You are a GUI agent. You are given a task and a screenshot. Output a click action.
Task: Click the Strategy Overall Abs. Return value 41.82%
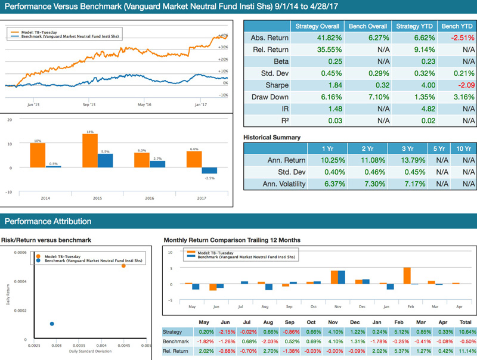click(x=318, y=38)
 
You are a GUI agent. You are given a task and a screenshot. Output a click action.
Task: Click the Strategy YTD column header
click(x=411, y=26)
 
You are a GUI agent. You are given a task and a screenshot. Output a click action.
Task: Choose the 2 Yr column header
click(x=364, y=148)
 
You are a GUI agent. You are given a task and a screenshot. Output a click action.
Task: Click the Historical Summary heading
click(x=272, y=137)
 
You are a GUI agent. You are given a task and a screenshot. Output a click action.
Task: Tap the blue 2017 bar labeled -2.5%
click(x=209, y=170)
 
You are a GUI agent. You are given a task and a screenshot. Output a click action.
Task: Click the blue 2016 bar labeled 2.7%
click(x=157, y=164)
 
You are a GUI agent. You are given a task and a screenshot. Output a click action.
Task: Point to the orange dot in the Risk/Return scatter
click(x=123, y=265)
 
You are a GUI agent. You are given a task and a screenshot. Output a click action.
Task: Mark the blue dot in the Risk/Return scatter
click(x=52, y=324)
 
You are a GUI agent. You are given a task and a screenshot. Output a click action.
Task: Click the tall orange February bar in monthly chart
click(x=407, y=275)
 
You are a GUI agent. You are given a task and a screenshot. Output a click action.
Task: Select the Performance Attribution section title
click(x=48, y=221)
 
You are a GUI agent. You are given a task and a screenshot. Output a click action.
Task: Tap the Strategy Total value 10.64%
click(x=466, y=332)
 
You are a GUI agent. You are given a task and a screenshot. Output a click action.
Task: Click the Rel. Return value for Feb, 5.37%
click(x=401, y=351)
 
